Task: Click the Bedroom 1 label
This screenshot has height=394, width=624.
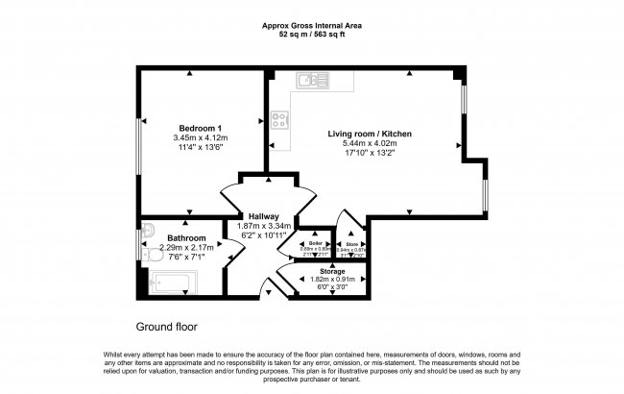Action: (x=201, y=128)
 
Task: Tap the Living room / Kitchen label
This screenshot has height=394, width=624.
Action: (x=370, y=134)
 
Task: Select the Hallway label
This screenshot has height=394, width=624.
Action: (x=262, y=216)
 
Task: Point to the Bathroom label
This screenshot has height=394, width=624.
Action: (x=186, y=237)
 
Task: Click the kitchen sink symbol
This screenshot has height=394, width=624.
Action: (x=313, y=80)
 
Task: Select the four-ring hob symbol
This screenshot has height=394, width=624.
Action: (x=281, y=120)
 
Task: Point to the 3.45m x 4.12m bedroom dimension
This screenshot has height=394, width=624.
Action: (x=200, y=138)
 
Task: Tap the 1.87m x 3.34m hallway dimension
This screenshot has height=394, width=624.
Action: (x=262, y=226)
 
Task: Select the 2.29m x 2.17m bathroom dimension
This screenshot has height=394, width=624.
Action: (x=186, y=247)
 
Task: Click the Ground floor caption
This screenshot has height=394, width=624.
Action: (x=166, y=327)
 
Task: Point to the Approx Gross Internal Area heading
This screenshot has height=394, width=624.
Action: (x=312, y=26)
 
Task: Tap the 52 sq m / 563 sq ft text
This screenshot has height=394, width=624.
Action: (x=312, y=35)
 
